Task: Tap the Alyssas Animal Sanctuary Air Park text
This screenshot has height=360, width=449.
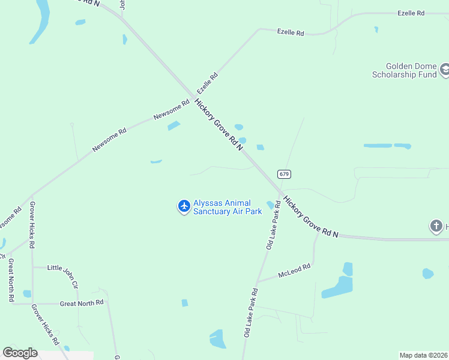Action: [228, 208]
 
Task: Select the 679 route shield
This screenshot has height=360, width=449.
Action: [285, 174]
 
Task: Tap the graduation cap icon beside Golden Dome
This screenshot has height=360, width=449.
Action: [445, 71]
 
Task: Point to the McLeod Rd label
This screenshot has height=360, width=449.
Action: [294, 271]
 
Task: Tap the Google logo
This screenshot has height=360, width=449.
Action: [20, 353]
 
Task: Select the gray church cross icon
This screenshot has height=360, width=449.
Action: [436, 226]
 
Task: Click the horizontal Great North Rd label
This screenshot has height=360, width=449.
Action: [82, 303]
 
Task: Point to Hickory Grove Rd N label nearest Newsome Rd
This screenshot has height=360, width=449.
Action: [218, 124]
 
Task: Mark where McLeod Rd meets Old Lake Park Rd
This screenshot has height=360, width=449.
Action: [257, 281]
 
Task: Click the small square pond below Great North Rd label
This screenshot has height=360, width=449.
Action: [184, 303]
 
